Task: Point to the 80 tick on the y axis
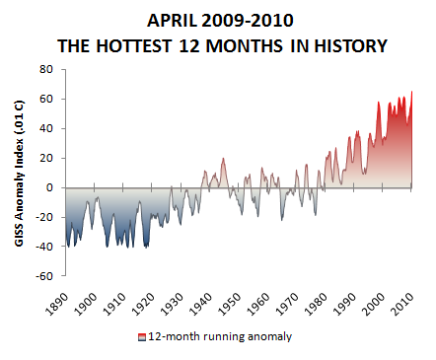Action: coord(45,69)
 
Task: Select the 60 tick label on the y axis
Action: coord(45,99)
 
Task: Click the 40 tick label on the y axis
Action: coord(45,128)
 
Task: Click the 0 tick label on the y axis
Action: coord(49,187)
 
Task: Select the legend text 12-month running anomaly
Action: coord(220,336)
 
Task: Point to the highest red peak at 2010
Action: coord(410,92)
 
